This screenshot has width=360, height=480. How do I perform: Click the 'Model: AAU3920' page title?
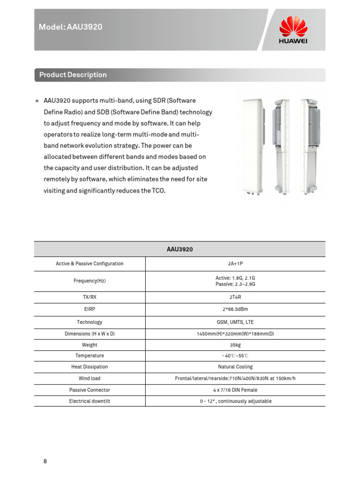coord(70,27)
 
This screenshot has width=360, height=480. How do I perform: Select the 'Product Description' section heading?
coord(73,75)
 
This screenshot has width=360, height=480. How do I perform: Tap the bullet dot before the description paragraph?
coord(37,101)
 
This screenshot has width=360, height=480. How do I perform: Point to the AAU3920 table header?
coord(180,249)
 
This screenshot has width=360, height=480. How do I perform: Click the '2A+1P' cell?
coord(235,264)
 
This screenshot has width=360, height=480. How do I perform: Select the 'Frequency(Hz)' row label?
coord(90,281)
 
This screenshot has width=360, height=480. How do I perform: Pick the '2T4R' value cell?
coord(235,298)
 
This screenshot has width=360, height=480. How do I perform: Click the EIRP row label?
coord(90,309)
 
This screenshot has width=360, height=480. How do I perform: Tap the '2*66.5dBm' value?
coord(235,309)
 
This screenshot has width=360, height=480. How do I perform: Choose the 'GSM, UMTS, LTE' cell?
coord(235,322)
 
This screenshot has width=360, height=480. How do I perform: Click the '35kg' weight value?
coord(235,345)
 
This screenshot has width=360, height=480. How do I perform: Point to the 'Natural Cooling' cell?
coord(235,367)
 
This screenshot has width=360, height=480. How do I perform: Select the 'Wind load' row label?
coord(90,378)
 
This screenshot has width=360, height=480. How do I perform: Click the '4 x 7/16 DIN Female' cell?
coord(235,390)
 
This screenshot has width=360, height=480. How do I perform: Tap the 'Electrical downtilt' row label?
coord(90,401)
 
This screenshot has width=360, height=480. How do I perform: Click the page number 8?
coord(45,461)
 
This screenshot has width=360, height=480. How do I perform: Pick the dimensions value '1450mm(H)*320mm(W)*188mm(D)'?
coord(235,334)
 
